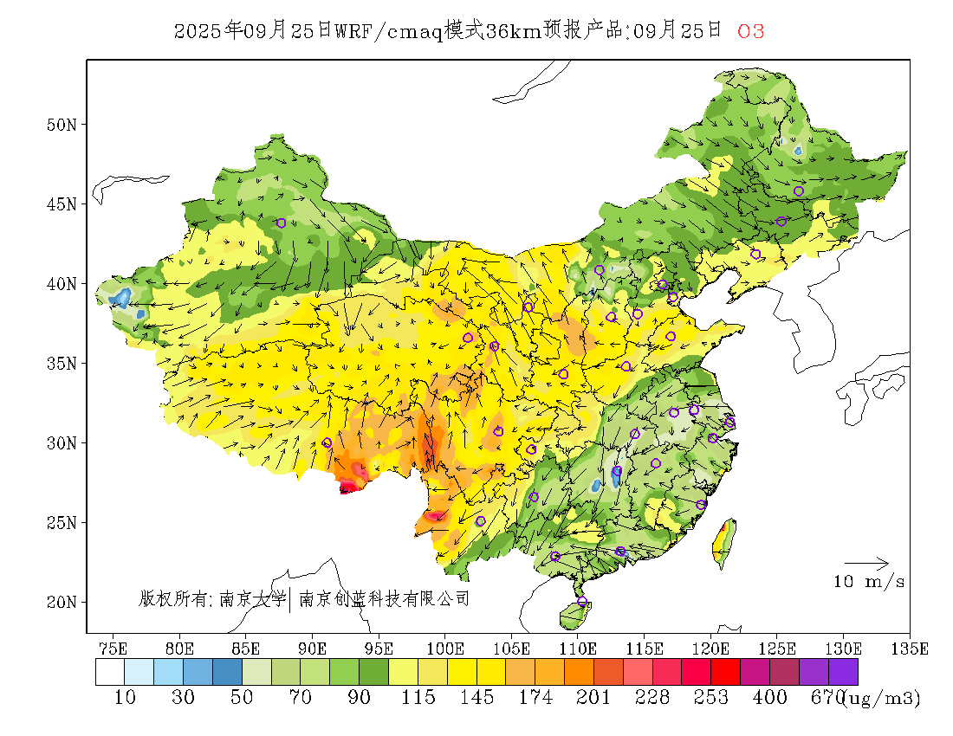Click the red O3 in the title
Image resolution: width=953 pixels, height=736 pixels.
[x=750, y=31]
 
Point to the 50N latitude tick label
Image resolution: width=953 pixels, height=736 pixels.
[x=61, y=125]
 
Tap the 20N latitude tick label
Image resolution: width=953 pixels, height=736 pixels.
[x=61, y=602]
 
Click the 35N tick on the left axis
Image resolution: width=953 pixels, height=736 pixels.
[x=61, y=363]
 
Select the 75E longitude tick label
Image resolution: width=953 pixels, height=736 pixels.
[x=113, y=648]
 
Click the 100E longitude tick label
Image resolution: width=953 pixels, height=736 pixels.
[x=445, y=648]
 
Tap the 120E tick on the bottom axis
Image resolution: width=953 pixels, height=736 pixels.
[x=711, y=648]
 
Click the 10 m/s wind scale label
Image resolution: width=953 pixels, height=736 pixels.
[x=869, y=582]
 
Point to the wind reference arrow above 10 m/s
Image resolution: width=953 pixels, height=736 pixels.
[x=866, y=564]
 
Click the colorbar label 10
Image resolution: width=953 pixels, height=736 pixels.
[x=125, y=697]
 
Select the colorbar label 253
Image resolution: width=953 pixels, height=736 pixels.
[x=710, y=697]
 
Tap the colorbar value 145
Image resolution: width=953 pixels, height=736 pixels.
[x=476, y=697]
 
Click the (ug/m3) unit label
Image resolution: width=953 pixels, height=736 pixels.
[x=882, y=697]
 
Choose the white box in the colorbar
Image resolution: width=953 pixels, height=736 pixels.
[x=110, y=672]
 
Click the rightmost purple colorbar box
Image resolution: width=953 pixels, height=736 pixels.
[x=843, y=672]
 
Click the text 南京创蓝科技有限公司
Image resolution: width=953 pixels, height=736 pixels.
[x=384, y=598]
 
